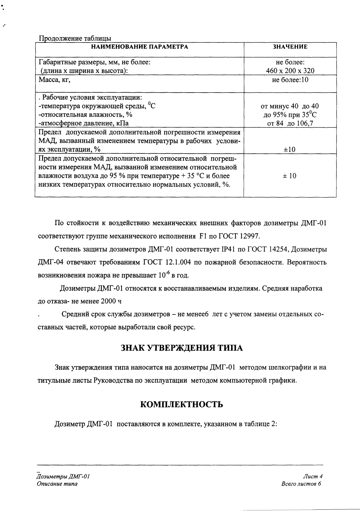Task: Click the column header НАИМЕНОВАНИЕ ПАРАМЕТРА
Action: [x=140, y=47]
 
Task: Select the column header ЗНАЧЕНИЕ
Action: [x=290, y=47]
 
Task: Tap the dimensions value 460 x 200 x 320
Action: [x=290, y=71]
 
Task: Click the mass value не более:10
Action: [x=290, y=80]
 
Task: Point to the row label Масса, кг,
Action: [x=54, y=80]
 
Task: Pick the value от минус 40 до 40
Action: [x=290, y=106]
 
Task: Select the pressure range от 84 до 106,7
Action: [x=290, y=123]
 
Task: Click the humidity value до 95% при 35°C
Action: [x=290, y=115]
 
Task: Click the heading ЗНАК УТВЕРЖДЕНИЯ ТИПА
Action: [x=182, y=348]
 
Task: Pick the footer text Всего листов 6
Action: [x=301, y=484]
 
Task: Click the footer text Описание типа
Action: [x=57, y=484]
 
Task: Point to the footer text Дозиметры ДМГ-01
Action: [x=63, y=477]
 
